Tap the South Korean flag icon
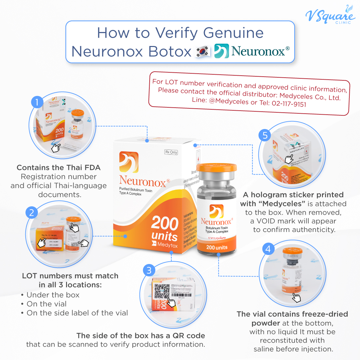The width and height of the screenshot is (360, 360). click(203, 52)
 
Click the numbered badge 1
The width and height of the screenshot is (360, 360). click(37, 102)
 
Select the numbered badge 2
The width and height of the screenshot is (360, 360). click(31, 212)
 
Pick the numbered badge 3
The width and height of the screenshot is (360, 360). click(149, 270)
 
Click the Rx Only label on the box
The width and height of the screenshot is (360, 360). click(171, 152)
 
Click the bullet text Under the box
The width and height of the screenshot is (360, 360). click(53, 295)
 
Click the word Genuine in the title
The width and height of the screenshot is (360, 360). click(233, 33)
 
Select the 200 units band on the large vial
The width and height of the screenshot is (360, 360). click(217, 247)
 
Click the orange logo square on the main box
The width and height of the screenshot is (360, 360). click(129, 162)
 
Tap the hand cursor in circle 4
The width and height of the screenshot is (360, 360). click(296, 297)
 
